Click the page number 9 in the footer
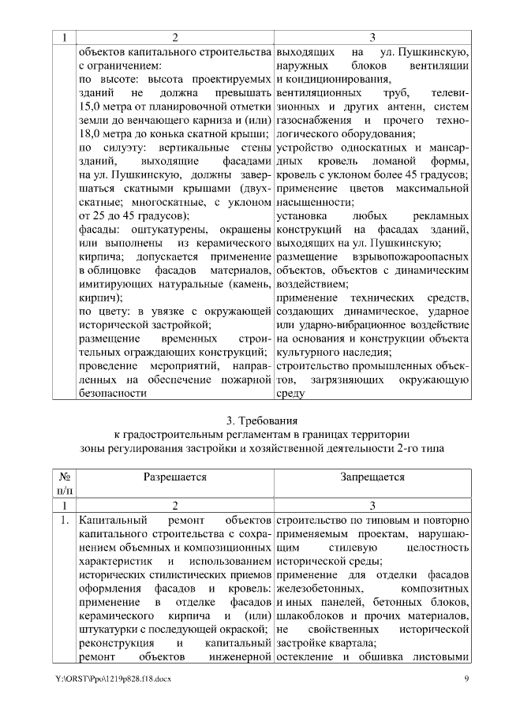(466, 678)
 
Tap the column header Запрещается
(372, 477)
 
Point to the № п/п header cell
(66, 484)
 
